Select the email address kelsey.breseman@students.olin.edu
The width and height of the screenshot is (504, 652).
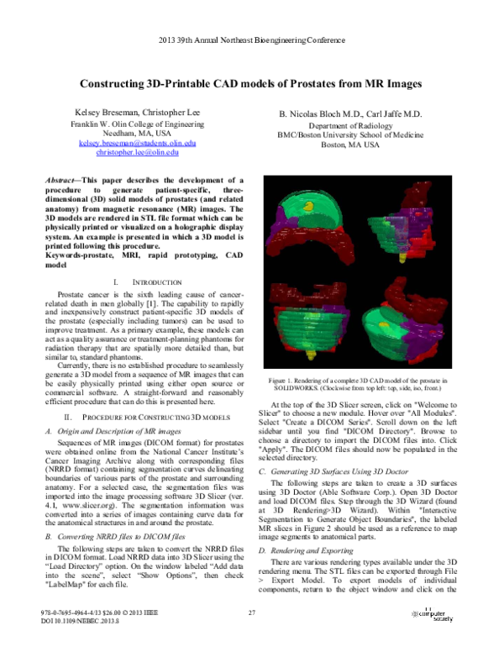[137, 144]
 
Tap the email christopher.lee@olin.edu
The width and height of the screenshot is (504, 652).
[137, 153]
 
